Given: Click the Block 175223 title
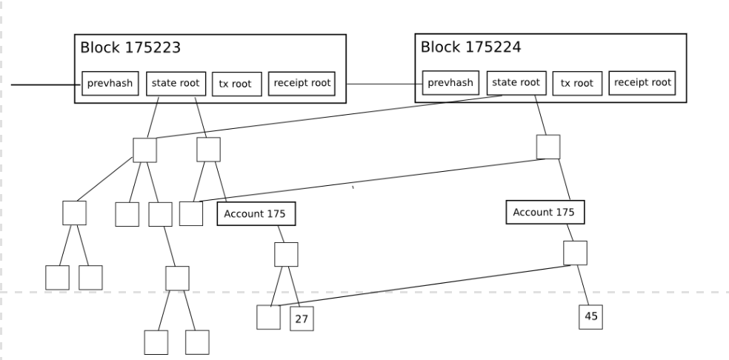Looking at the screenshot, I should (x=130, y=47).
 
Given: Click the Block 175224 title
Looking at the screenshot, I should (x=470, y=47).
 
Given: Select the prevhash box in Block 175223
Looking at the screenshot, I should (x=110, y=84).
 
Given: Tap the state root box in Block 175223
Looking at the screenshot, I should (x=175, y=84).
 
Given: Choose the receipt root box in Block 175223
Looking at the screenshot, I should (x=301, y=84).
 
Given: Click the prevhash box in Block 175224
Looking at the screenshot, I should (x=451, y=83).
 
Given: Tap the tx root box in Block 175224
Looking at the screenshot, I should (x=577, y=84).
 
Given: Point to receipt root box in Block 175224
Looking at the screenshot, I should (x=642, y=83).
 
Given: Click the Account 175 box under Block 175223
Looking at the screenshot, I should (x=256, y=214).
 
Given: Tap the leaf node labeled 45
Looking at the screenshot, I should (x=591, y=316).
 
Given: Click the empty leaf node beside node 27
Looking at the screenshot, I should (x=269, y=317).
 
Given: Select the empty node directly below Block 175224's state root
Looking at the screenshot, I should (x=548, y=147).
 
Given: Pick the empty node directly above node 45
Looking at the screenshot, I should (x=575, y=253).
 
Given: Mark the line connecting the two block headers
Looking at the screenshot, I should (x=384, y=84).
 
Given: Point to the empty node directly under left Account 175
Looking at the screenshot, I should (x=286, y=254).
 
